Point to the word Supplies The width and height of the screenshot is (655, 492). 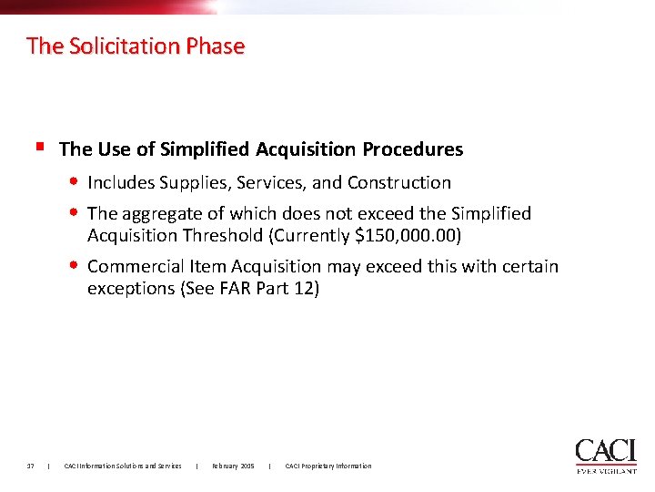coord(194,182)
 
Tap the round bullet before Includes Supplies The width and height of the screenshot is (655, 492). coord(75,181)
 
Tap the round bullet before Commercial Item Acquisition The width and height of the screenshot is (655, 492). coord(75,266)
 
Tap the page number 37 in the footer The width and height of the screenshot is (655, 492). coord(31,466)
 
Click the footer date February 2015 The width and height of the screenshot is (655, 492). coord(233,466)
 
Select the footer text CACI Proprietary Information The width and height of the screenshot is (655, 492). coord(328,466)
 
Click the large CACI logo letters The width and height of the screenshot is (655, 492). coord(605,451)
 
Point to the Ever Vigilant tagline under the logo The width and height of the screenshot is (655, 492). coord(606,470)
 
